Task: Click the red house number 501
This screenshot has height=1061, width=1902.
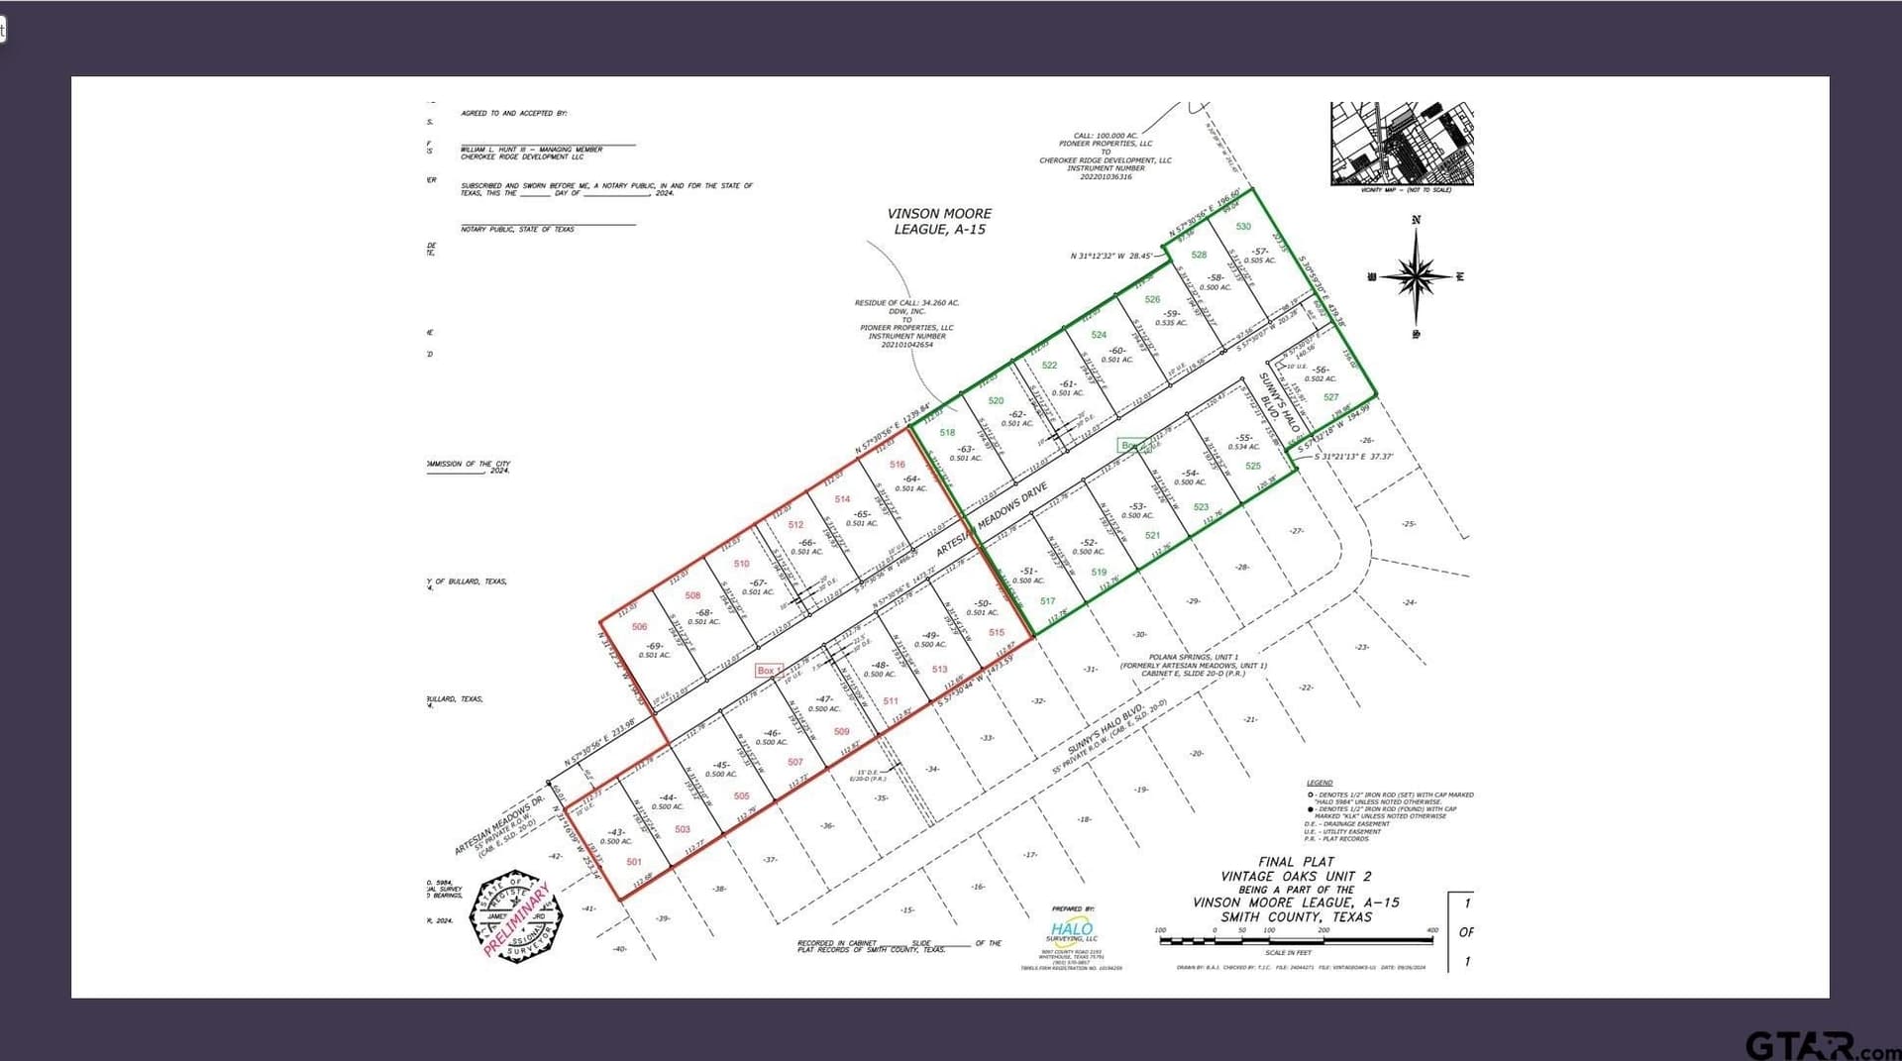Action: point(634,862)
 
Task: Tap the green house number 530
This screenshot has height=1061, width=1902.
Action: point(1243,227)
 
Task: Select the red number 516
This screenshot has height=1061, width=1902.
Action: point(898,465)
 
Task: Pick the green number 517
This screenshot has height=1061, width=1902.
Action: point(1048,601)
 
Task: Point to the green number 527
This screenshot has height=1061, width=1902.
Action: point(1331,397)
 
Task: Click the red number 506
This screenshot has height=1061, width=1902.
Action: point(639,627)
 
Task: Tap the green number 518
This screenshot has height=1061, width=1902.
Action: point(947,433)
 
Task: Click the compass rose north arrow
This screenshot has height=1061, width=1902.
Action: point(1417,274)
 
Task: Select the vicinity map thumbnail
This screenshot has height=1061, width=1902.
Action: point(1402,143)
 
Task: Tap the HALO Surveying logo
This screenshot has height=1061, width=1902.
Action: point(1072,929)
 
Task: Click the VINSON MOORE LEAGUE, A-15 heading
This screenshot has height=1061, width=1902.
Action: point(939,221)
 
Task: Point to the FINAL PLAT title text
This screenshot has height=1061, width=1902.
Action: point(1296,862)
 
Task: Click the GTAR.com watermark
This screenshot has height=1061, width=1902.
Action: point(1821,1045)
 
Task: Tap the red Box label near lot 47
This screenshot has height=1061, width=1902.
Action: point(767,671)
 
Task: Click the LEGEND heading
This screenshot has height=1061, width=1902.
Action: point(1320,783)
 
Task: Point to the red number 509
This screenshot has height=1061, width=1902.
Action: point(841,732)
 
